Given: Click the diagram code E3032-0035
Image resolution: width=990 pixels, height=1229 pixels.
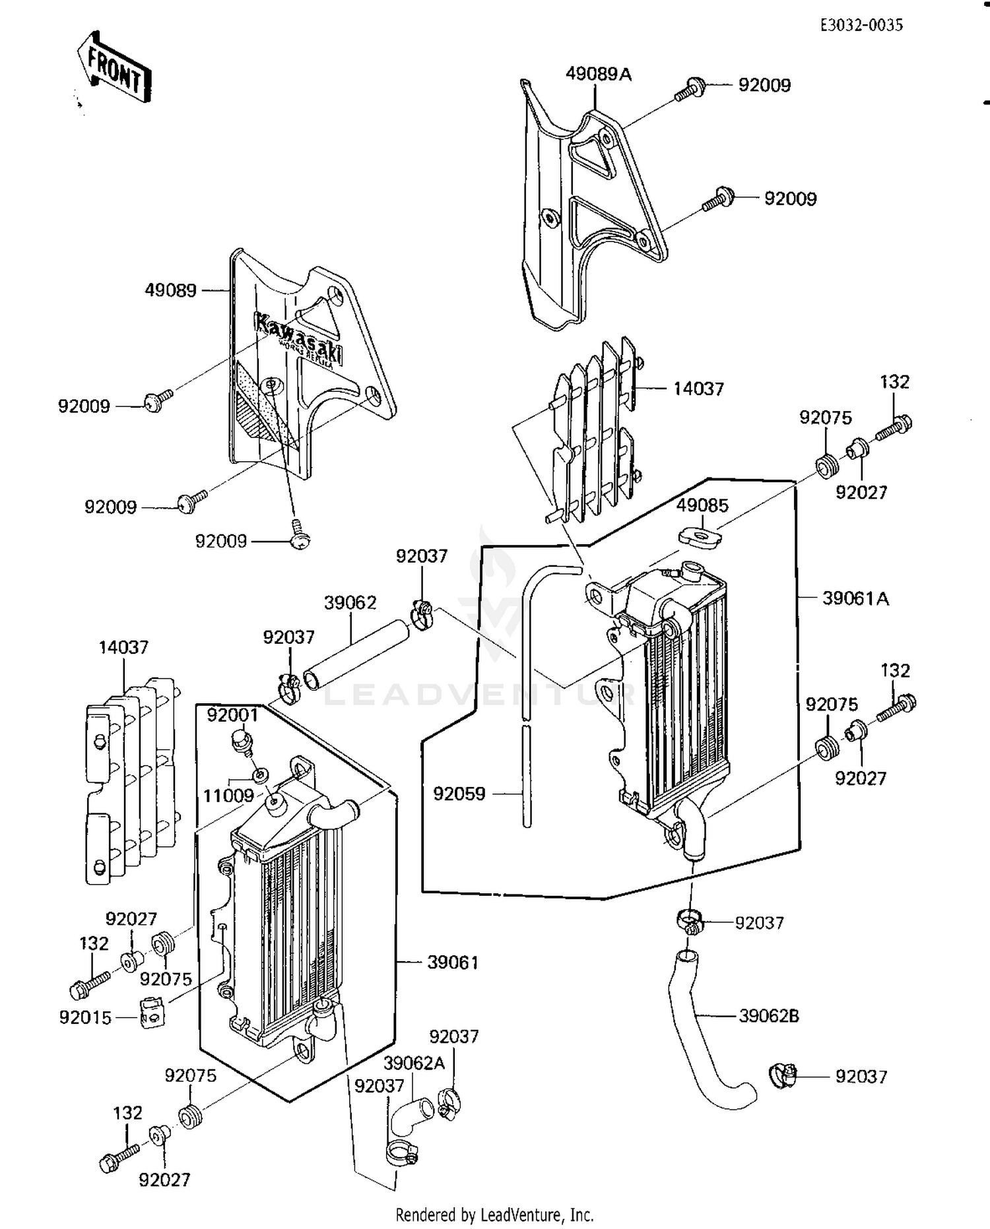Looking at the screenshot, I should [x=861, y=25].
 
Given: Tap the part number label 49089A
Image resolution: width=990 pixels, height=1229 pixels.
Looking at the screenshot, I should [x=598, y=75].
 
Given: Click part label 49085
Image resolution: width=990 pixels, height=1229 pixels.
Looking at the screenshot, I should [x=702, y=505].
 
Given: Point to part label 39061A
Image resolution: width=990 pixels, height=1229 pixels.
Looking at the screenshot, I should [x=855, y=598].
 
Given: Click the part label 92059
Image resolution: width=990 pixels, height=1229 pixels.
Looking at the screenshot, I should [x=459, y=794].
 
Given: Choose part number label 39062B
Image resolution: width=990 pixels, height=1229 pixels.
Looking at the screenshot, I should [x=768, y=1016].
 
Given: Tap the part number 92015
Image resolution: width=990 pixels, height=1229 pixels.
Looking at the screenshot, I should [x=85, y=1017].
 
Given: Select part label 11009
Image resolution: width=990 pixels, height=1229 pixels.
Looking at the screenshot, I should [x=228, y=796].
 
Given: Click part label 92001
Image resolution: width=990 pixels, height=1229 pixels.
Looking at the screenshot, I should [x=232, y=714].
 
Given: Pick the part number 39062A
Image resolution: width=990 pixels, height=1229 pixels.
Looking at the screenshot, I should [x=414, y=1063].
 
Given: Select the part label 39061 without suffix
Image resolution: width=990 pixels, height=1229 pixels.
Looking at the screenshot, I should [x=453, y=962].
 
